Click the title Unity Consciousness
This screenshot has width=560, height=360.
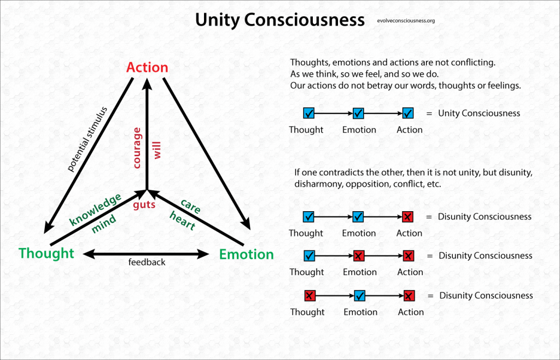[279, 20]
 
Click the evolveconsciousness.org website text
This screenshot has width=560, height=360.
[406, 21]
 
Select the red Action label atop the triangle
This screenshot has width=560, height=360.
[147, 67]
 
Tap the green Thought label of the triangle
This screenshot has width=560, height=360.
[46, 253]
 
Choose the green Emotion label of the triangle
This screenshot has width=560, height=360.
[246, 254]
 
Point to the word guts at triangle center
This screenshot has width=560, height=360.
[144, 205]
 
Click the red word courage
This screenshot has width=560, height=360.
[138, 148]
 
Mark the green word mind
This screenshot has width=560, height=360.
[103, 224]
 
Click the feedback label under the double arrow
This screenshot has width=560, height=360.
[147, 263]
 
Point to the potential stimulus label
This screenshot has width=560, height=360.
[87, 139]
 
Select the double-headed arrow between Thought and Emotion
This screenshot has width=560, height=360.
[146, 253]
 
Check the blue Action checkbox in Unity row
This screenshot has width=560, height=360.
[408, 114]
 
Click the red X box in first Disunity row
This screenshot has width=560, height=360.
[408, 217]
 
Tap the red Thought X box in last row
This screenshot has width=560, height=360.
[310, 296]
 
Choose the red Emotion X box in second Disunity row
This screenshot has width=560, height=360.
[359, 256]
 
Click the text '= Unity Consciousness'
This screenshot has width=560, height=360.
[472, 113]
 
